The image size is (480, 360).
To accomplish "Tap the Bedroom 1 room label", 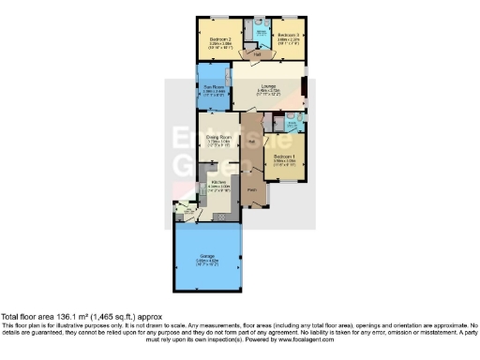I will [285, 157].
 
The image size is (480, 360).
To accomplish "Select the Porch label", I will [252, 191].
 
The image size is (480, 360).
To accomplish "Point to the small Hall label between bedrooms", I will [257, 54].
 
